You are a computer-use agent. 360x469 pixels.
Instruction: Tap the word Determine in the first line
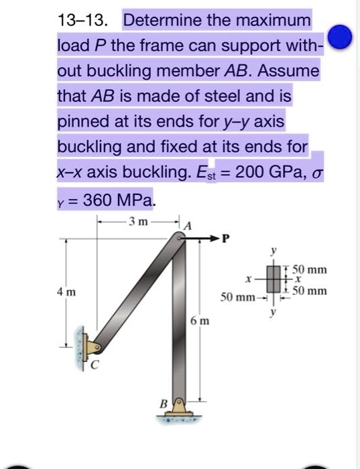click(159, 20)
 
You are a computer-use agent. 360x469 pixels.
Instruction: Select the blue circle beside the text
click(342, 38)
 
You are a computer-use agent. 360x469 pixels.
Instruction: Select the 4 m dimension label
click(66, 292)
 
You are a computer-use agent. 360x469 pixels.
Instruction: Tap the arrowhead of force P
click(217, 238)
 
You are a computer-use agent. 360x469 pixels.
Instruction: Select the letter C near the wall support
click(94, 365)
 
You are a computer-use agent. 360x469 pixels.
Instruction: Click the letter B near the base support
click(161, 403)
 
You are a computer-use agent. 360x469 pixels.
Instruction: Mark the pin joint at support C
click(97, 348)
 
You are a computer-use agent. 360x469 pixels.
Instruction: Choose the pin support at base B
click(178, 406)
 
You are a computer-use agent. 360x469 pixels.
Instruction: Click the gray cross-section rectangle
click(273, 280)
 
